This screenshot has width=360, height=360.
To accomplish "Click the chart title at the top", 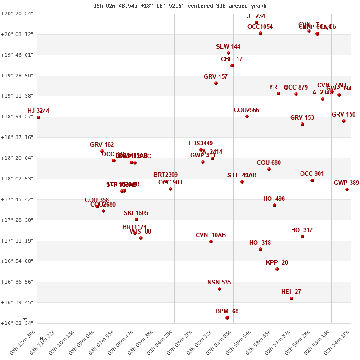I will tap(180, 6).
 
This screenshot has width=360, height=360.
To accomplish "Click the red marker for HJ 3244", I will tap(39, 117).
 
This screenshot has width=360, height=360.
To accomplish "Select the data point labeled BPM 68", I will tap(227, 318).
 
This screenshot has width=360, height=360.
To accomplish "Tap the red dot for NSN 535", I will tap(220, 289).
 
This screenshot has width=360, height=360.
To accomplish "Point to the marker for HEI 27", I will tap(292, 298).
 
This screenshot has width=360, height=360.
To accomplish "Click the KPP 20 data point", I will tap(277, 269).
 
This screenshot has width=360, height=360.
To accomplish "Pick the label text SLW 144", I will tap(228, 47).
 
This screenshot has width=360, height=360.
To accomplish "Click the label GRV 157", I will tap(216, 77).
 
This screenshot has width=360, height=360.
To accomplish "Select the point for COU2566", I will tap(247, 117).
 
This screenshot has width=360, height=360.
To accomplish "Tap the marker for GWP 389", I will tap(347, 189).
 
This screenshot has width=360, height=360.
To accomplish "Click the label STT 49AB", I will tap(242, 175).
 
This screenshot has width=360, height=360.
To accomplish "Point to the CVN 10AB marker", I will tap(211, 242).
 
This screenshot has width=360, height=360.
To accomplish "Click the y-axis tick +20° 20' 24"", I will tap(17, 13).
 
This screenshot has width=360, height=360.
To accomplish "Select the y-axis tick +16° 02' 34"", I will tap(17, 323).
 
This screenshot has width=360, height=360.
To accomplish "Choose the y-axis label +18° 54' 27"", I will tap(17, 117).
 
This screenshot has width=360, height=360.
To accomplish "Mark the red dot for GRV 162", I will tap(102, 151).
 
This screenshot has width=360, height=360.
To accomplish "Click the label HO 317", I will tap(301, 230).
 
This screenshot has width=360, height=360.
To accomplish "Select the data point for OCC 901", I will tap(312, 180).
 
